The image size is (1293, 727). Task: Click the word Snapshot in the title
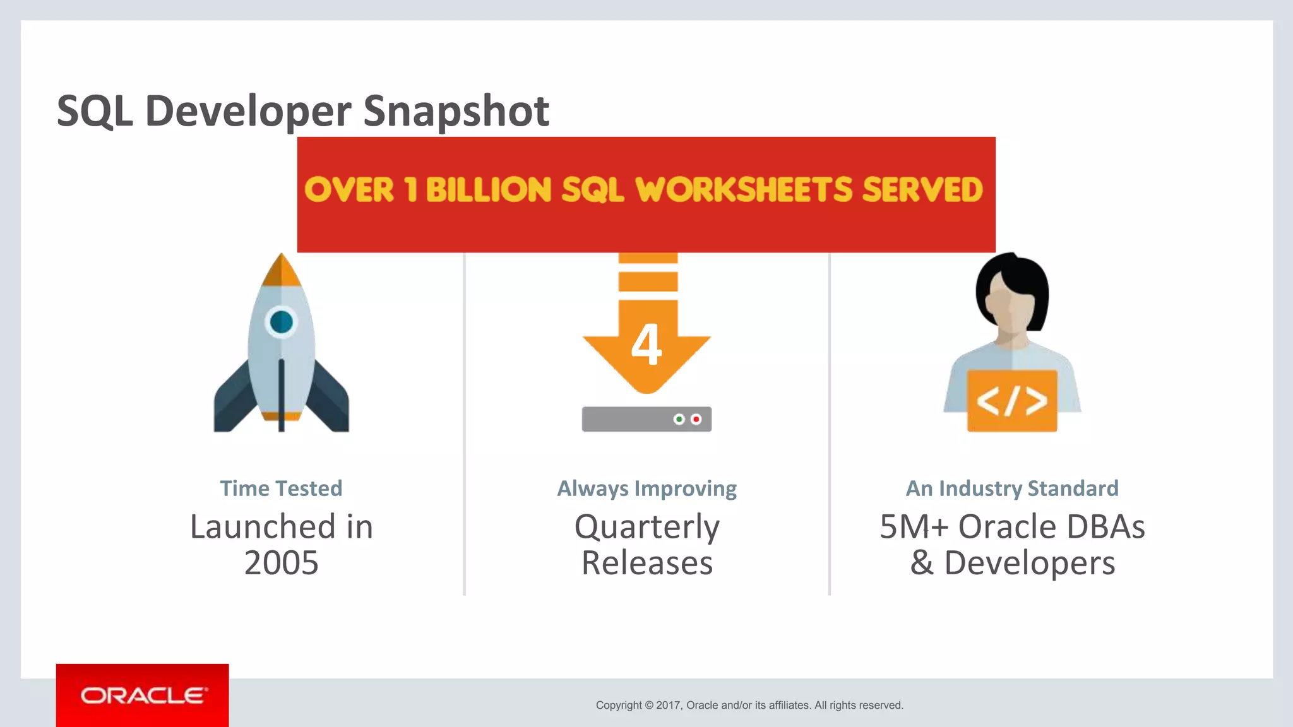click(456, 111)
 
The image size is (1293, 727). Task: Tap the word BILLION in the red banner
click(488, 190)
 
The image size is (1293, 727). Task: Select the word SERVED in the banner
click(922, 190)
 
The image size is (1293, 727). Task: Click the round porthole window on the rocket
click(282, 322)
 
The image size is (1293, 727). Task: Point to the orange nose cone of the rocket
click(282, 271)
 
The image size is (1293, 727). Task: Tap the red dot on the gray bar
click(696, 419)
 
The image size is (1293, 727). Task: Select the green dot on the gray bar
click(679, 419)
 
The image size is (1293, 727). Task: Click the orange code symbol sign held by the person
click(1012, 401)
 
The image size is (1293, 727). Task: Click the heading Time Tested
click(281, 488)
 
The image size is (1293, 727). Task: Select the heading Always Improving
click(646, 488)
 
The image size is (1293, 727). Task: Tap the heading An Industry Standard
click(1012, 488)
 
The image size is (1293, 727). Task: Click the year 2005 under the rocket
click(281, 563)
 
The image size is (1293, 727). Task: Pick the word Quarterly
click(646, 528)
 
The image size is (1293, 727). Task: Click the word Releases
click(646, 563)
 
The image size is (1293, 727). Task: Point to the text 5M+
click(914, 527)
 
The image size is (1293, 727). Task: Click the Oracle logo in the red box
click(143, 695)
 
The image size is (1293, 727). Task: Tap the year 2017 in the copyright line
click(668, 706)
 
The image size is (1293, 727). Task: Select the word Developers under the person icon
click(1029, 563)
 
